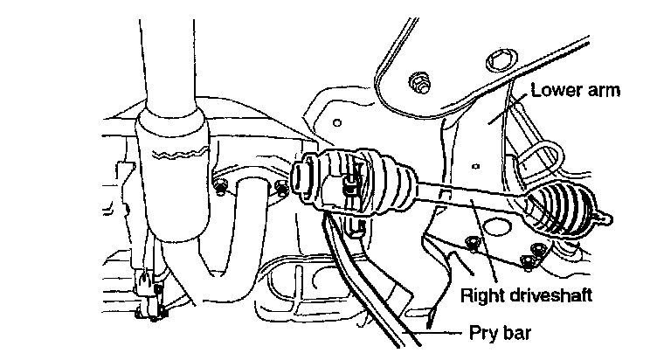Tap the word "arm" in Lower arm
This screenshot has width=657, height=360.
605,90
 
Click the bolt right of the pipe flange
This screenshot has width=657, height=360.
281,187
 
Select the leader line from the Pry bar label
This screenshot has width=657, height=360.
446,332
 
